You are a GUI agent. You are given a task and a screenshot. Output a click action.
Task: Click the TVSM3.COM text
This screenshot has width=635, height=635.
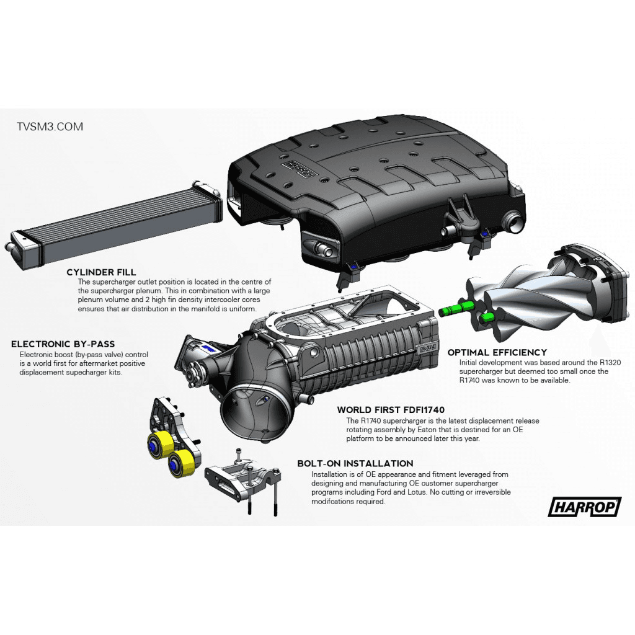coord(50,127)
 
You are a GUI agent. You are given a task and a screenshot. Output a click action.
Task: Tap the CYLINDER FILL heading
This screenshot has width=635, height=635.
coord(101,272)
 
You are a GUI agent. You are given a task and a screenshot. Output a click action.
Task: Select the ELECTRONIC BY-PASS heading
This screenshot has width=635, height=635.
coord(63,344)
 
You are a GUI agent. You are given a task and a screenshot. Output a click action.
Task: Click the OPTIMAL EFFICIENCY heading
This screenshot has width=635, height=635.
coord(497,352)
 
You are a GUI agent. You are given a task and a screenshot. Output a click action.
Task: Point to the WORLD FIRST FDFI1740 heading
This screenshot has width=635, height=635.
coord(391,410)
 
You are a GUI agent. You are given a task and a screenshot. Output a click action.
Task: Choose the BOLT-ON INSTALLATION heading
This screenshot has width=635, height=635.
coord(355,463)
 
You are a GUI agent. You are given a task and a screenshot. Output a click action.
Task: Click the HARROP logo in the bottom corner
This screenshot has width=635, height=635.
coord(584,507)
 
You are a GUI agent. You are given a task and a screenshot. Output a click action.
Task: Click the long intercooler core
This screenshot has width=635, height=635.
coord(114,224)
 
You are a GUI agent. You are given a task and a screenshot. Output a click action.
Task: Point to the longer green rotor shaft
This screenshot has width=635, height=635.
coord(456,309)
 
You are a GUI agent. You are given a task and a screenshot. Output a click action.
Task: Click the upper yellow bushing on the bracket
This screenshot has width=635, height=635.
coord(160,445)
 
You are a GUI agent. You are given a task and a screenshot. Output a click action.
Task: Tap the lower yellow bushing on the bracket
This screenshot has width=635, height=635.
coord(181,463)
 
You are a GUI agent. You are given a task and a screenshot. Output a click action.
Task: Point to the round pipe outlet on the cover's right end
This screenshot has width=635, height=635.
coord(512,221)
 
